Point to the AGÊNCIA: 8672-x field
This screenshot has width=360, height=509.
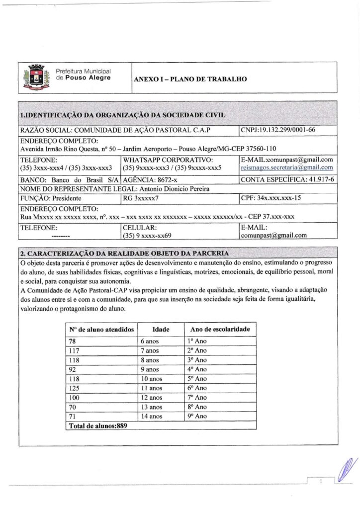[x=148, y=179]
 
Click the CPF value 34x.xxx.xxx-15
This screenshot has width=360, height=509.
[x=288, y=198]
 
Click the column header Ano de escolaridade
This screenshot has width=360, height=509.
[x=220, y=329]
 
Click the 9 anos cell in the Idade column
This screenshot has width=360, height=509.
[x=150, y=369]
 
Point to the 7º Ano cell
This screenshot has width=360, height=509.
[x=197, y=397]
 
